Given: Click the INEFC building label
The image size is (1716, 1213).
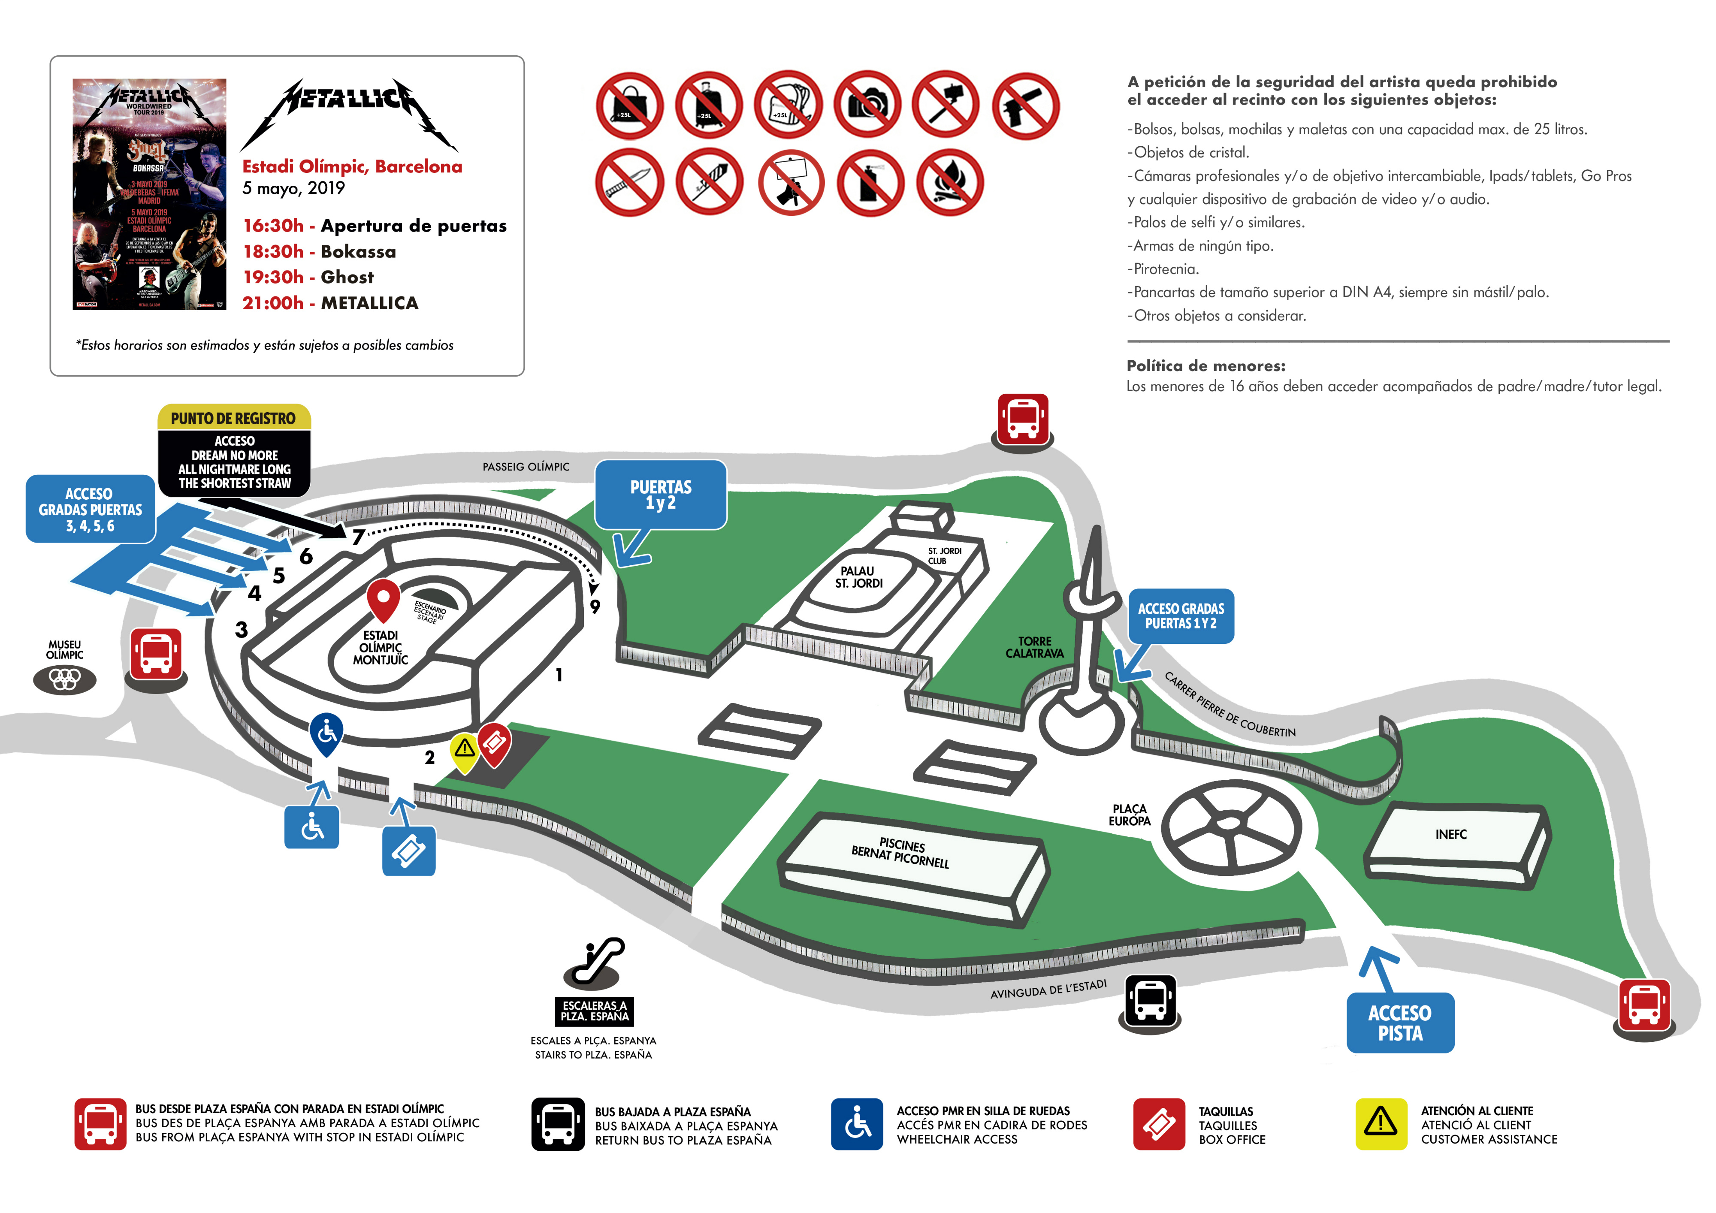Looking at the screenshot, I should click(x=1451, y=834).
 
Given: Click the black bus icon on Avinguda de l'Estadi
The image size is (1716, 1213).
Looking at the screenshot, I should click(x=1150, y=999).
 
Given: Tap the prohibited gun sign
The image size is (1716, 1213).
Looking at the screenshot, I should click(x=1025, y=106).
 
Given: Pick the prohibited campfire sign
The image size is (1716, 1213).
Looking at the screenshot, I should click(x=949, y=182).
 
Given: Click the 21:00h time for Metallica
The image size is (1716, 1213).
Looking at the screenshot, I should click(x=273, y=303).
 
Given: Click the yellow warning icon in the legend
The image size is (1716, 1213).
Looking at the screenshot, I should click(x=1381, y=1123).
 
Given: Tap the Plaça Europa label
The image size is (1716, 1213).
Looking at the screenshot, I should click(x=1129, y=815).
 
